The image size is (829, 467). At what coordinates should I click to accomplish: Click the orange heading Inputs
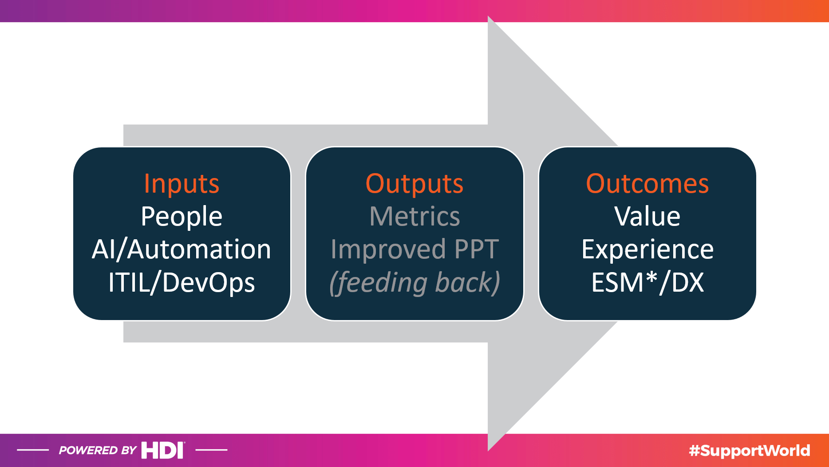click(x=182, y=184)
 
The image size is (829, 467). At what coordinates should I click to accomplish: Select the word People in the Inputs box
click(x=182, y=217)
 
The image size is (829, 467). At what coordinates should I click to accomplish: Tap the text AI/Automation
click(x=182, y=249)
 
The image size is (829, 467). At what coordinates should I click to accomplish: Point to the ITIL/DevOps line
click(x=182, y=282)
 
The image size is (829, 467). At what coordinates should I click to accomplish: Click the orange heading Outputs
click(x=414, y=184)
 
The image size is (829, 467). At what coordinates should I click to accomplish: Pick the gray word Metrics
click(x=414, y=217)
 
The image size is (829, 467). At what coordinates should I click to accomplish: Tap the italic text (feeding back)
click(x=414, y=282)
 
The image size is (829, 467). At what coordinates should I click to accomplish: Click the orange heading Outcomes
click(x=647, y=184)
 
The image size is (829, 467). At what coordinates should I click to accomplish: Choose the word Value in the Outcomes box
click(x=647, y=217)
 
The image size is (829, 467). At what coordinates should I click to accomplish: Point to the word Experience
click(x=647, y=249)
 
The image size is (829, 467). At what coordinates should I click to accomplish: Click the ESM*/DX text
click(x=647, y=282)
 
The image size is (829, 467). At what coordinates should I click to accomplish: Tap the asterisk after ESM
click(x=651, y=277)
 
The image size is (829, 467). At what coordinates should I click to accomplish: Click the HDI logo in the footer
click(x=163, y=450)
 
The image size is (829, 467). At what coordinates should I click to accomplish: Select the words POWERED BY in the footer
click(x=98, y=451)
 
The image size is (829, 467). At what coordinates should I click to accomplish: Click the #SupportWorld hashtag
click(x=750, y=451)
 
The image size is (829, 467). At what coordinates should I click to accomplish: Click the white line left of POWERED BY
click(x=33, y=450)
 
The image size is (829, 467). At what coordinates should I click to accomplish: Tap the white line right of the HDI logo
click(x=211, y=450)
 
